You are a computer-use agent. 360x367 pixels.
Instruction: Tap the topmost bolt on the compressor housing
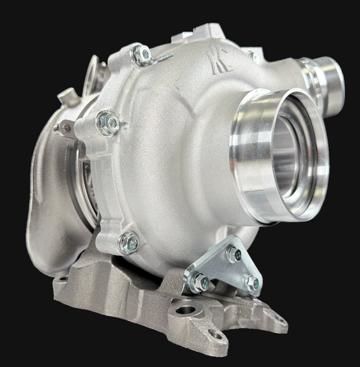(142, 55)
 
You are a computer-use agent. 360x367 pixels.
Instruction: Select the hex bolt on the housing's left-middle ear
(108, 123)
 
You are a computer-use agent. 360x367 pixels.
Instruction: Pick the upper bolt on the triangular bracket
(234, 255)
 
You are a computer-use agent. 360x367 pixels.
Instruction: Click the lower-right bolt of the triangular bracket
(251, 283)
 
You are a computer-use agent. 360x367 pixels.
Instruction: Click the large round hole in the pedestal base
(184, 312)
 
